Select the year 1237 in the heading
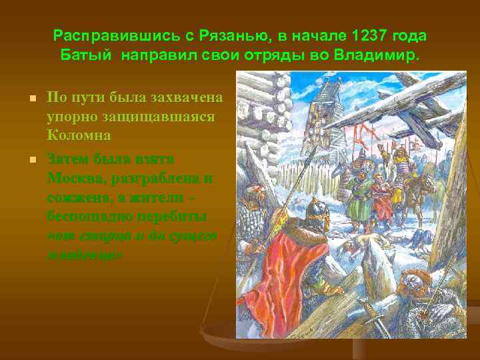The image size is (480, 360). click(x=371, y=35)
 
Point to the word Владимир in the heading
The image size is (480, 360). click(x=379, y=53)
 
